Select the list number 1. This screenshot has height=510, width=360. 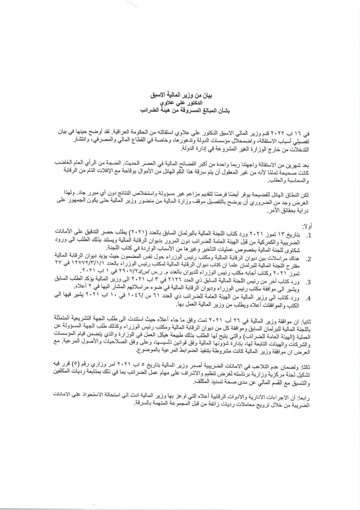coord(308,235)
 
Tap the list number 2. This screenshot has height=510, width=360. coord(308,259)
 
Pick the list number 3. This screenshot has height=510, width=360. coord(308,281)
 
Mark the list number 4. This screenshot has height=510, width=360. coord(308,298)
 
